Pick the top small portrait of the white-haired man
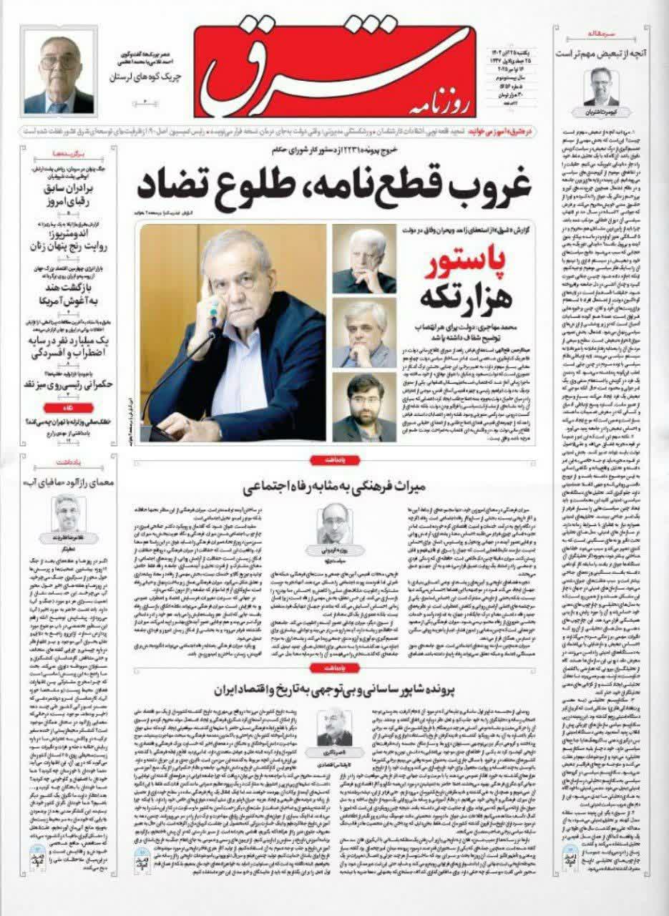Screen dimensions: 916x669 click(364, 258)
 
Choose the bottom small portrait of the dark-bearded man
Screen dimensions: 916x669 click(364, 407)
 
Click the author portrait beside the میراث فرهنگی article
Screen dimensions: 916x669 click(332, 524)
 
